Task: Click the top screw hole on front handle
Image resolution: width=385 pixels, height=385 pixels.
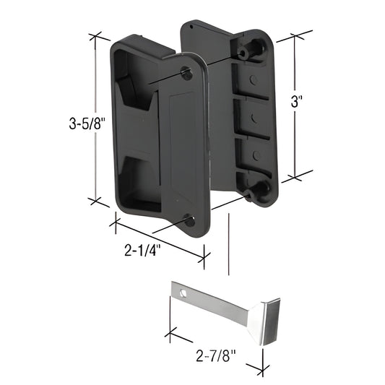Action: coord(187,72)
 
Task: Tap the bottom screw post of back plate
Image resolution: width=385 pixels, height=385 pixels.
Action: coord(254,190)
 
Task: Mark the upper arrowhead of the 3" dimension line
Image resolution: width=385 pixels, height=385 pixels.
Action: coord(296,37)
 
